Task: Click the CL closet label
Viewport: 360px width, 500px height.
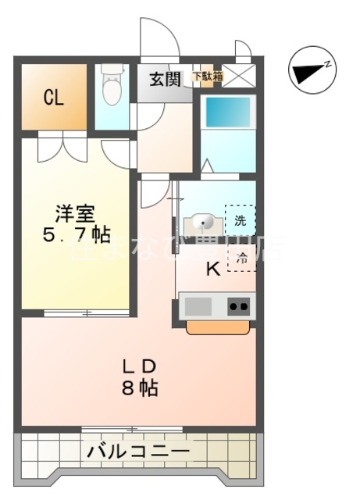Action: (52, 98)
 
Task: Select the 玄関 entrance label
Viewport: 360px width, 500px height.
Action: (165, 78)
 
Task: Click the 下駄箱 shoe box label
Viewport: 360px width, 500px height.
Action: (207, 77)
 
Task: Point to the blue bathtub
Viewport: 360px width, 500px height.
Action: (227, 113)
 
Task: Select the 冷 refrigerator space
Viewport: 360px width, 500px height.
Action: (241, 257)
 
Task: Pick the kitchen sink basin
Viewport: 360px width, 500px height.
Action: (198, 305)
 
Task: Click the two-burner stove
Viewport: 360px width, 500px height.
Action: (240, 305)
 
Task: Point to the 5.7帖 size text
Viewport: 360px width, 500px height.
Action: (76, 234)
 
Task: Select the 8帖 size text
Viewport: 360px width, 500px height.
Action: (142, 387)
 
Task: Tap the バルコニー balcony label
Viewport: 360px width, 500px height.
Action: (137, 451)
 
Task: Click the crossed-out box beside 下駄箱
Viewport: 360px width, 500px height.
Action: (237, 77)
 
